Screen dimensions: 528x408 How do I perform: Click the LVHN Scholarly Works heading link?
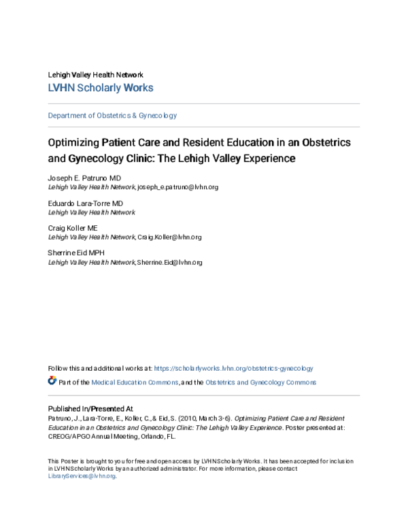(101, 88)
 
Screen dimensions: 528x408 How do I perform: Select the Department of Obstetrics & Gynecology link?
(112, 116)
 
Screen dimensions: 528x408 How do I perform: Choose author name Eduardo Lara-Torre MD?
(86, 203)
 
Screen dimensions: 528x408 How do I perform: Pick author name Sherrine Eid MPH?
(77, 253)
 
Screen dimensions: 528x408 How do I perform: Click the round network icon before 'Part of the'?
(52, 381)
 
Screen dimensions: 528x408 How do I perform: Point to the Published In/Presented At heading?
(90, 408)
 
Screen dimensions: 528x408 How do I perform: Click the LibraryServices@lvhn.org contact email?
(82, 476)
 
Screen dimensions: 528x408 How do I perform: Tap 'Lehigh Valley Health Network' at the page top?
(95, 74)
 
